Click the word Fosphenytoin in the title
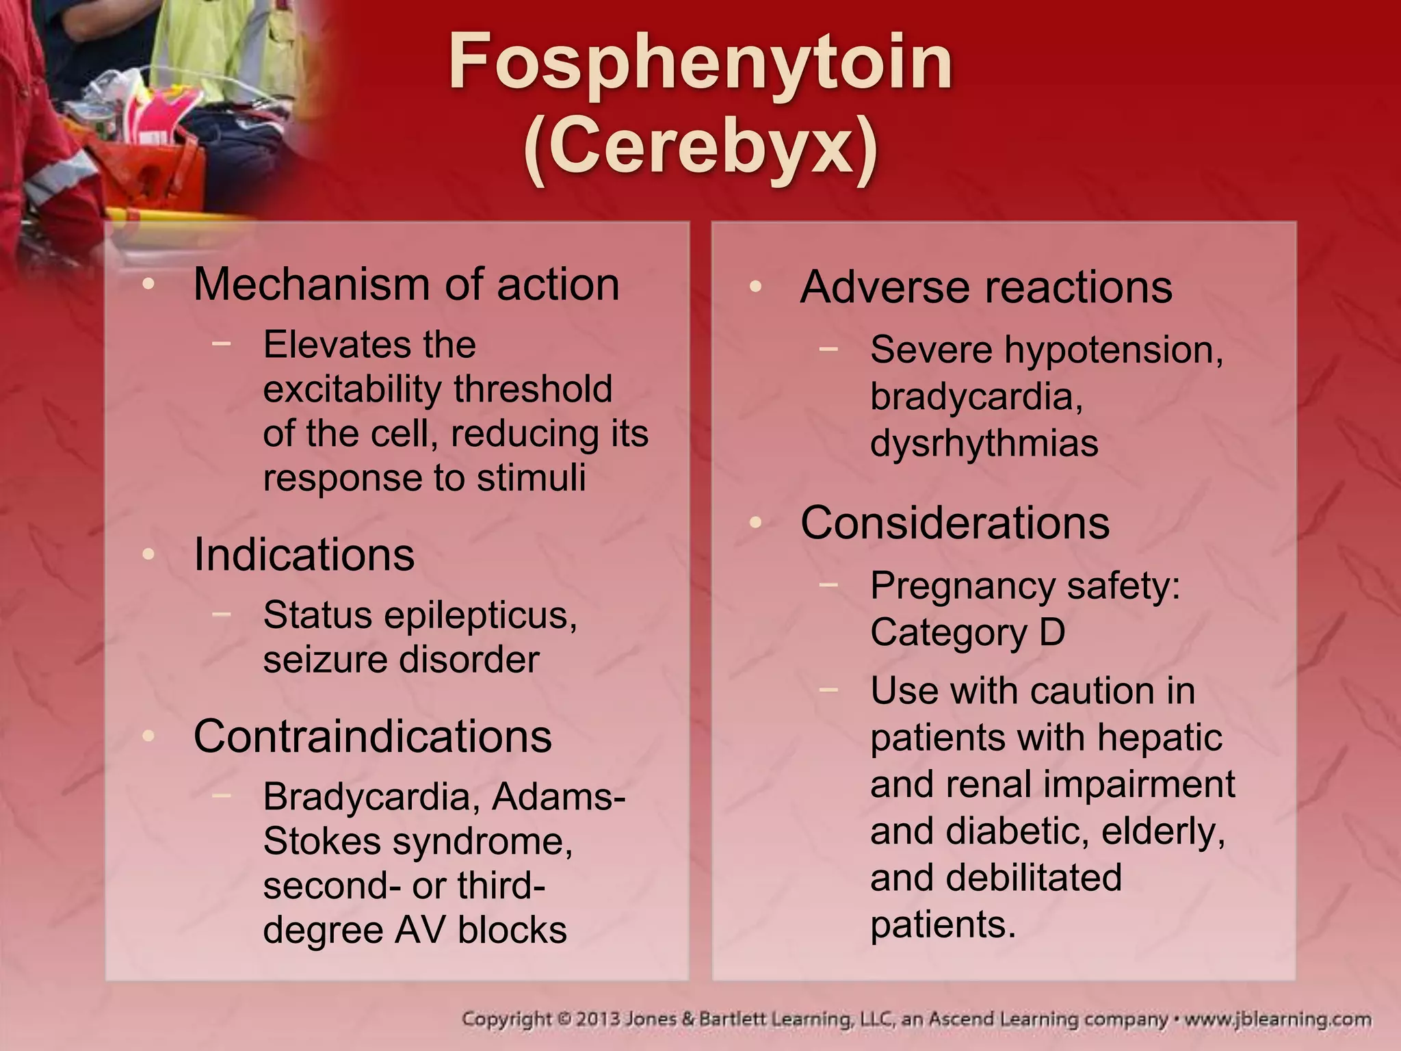[x=700, y=63]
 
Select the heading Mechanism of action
[x=406, y=284]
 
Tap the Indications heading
[x=304, y=554]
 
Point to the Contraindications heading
[x=373, y=736]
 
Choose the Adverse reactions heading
[x=986, y=287]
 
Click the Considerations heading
[x=955, y=523]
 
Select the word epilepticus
[x=480, y=616]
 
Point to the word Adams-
[x=558, y=796]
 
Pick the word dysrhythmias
[x=984, y=443]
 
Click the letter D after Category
[x=1052, y=632]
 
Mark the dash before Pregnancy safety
[x=828, y=585]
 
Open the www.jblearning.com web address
[x=1277, y=1020]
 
